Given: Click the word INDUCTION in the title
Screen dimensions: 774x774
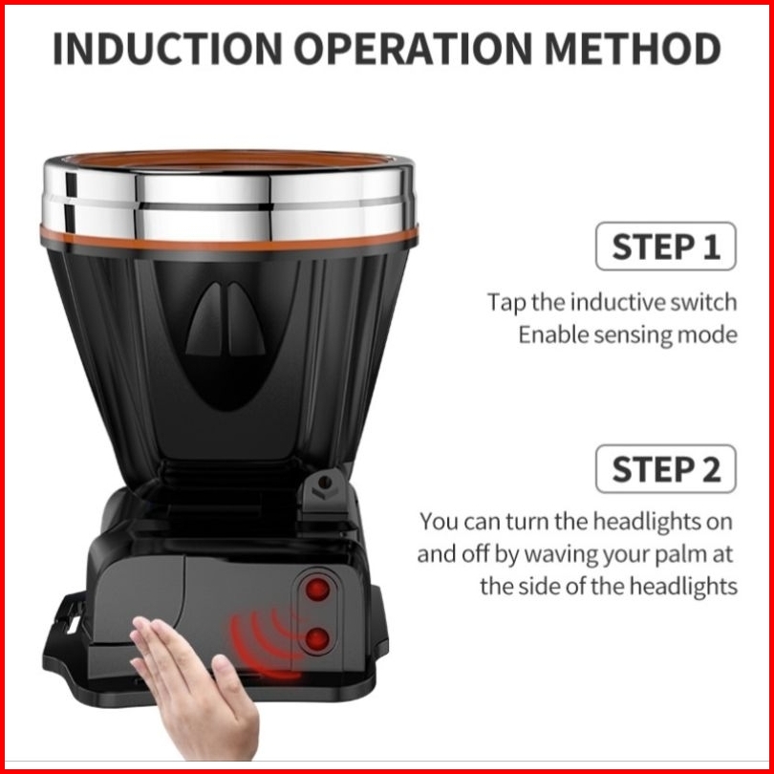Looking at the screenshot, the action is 167,49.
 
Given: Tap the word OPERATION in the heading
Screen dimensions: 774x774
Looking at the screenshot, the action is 413,49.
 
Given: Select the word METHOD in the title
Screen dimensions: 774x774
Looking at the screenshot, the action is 633,49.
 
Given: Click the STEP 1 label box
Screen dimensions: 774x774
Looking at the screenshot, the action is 665,247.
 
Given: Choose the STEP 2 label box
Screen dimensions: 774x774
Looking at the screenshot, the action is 665,469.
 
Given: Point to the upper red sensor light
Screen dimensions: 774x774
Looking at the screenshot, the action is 317,590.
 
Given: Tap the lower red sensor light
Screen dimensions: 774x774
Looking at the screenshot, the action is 317,639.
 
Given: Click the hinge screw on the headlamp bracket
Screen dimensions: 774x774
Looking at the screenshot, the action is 325,483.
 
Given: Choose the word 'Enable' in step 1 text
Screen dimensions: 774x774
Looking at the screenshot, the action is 553,334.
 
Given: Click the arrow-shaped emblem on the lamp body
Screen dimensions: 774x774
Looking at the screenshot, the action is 226,320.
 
